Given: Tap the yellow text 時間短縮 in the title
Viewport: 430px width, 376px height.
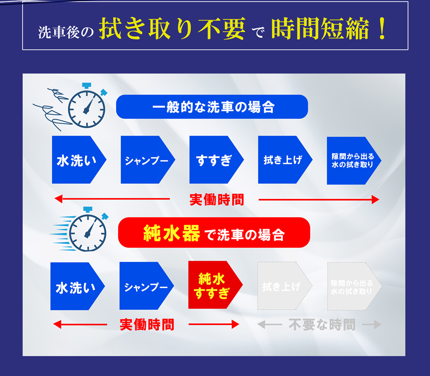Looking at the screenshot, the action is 320,30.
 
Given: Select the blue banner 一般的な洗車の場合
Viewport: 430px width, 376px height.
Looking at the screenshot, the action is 212,107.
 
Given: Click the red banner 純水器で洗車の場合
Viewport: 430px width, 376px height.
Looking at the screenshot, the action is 214,234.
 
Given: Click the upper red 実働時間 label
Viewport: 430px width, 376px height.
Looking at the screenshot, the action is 216,199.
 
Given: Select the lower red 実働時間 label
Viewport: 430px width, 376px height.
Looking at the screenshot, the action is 147,325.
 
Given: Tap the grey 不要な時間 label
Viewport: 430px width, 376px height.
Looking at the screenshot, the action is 322,325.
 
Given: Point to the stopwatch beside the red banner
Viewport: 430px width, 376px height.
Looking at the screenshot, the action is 87,231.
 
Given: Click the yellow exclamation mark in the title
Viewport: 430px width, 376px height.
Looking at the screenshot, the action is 381,30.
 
